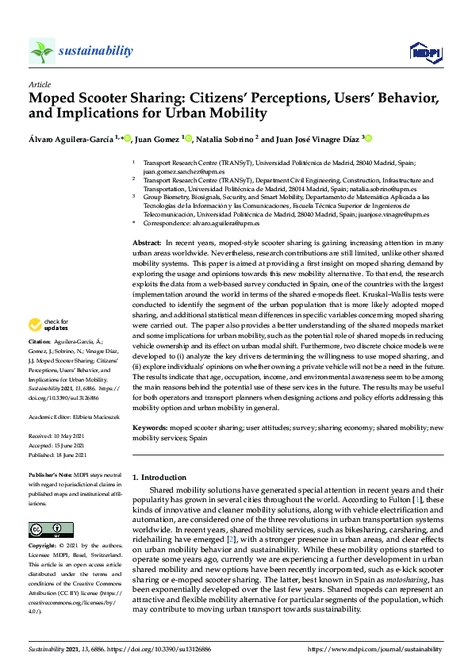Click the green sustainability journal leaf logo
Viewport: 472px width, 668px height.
(41, 52)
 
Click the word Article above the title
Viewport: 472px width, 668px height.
(39, 83)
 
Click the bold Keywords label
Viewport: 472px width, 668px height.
(151, 428)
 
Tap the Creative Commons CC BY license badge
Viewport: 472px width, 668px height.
(40, 529)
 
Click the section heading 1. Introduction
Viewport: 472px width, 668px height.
(159, 478)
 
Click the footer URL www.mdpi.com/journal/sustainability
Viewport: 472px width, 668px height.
(385, 650)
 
